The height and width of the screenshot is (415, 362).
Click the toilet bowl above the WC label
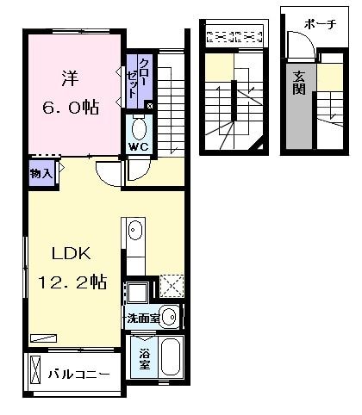(140, 128)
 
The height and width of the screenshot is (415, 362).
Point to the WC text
(138, 146)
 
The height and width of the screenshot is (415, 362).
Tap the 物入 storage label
(41, 173)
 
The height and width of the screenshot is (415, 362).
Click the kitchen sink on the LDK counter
(136, 232)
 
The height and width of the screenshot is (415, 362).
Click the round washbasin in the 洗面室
(169, 318)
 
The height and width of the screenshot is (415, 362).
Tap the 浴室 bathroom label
(142, 357)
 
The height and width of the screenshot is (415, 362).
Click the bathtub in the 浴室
(170, 356)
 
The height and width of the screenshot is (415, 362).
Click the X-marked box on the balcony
(35, 370)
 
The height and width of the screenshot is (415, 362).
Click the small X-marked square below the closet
(150, 106)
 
